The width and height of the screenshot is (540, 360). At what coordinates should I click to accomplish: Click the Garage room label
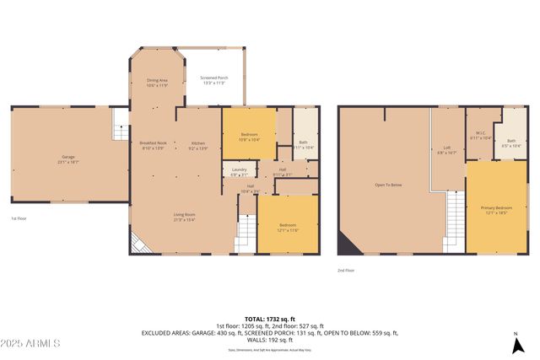(x=69, y=159)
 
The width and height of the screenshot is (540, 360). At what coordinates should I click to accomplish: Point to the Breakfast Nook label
(x=154, y=145)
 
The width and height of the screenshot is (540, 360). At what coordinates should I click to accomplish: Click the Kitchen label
(x=198, y=145)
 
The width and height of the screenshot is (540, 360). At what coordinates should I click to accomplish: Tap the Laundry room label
(x=239, y=172)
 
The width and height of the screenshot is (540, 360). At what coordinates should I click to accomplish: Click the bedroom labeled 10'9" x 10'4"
(x=249, y=137)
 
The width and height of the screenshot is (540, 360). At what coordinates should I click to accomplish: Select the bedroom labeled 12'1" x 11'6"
(x=288, y=227)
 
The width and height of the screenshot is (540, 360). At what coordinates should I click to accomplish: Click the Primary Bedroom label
(x=497, y=210)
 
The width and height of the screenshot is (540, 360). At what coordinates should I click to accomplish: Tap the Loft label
(x=446, y=150)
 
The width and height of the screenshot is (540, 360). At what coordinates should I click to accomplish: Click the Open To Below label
(x=388, y=185)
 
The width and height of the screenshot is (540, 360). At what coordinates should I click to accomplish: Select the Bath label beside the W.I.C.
(x=511, y=142)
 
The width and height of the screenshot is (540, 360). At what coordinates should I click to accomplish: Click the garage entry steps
(x=120, y=127)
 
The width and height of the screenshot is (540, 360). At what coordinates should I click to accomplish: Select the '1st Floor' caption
(x=18, y=218)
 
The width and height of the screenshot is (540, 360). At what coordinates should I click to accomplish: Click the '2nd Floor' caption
(x=346, y=271)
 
